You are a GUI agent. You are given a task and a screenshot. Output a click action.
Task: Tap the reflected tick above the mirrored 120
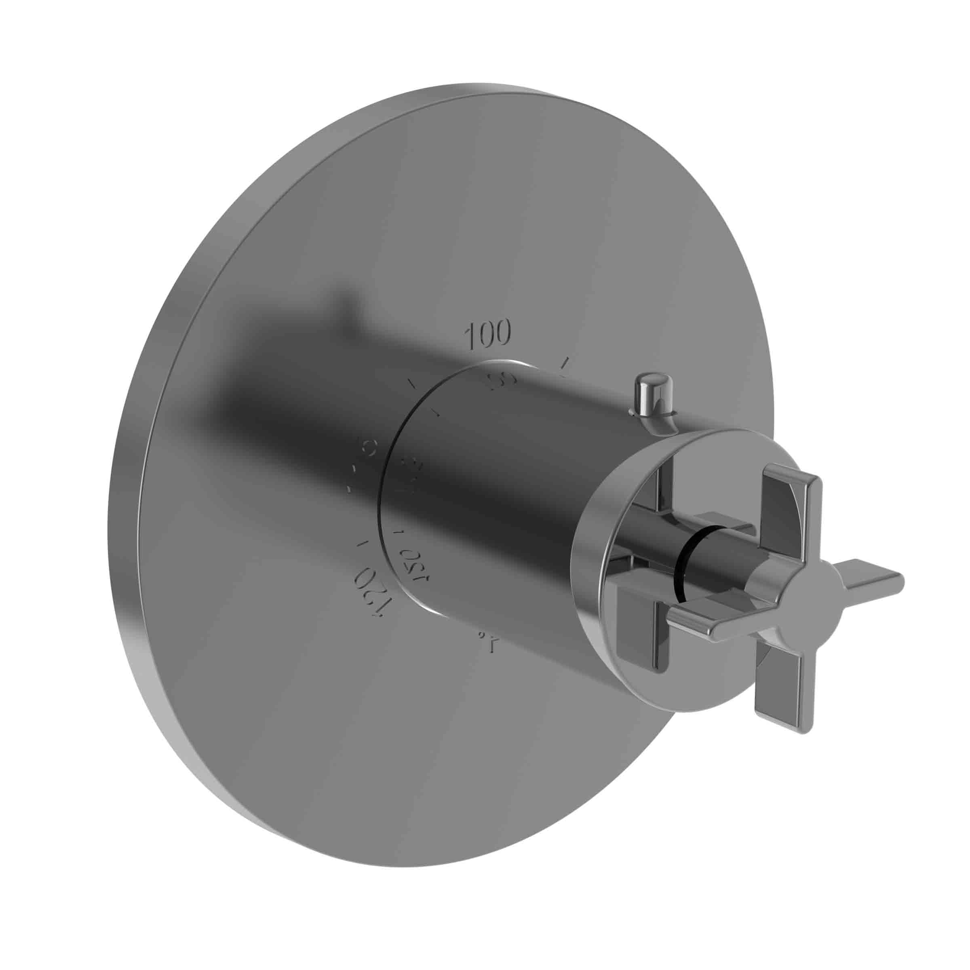tap(400, 531)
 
